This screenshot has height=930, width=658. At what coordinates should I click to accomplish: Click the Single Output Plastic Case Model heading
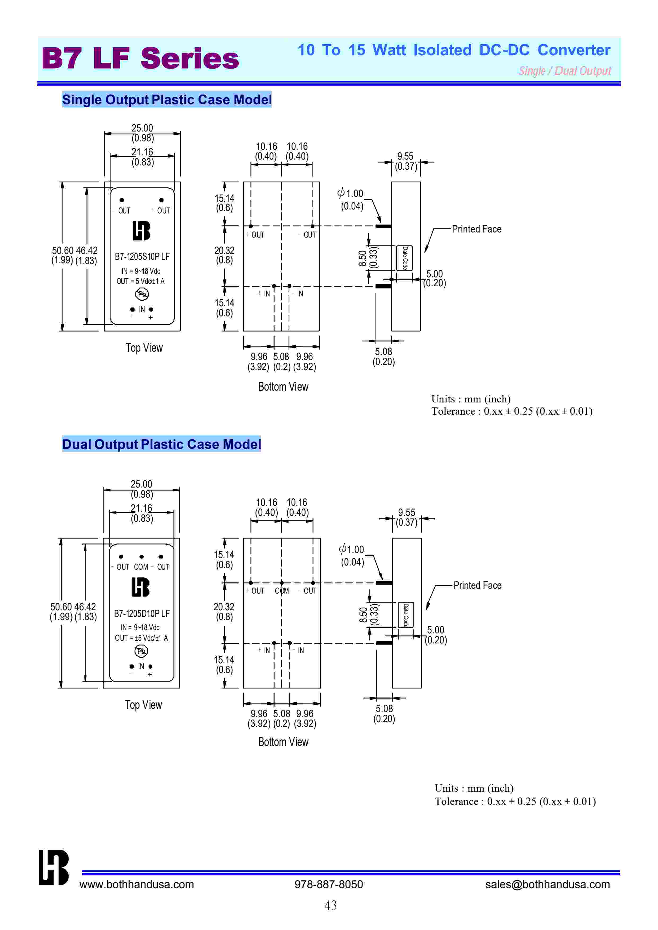coord(166,100)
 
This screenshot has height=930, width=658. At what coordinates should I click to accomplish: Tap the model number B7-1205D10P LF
coord(142,613)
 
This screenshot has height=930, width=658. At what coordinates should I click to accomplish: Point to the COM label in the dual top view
coord(141,567)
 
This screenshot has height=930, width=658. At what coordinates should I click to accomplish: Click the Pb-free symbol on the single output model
coord(142,294)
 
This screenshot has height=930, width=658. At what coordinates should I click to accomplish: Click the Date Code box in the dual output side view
coord(405,615)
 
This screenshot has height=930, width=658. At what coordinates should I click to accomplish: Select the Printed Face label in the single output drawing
coord(476,229)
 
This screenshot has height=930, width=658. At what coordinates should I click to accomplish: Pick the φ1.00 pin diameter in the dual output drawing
coord(352,550)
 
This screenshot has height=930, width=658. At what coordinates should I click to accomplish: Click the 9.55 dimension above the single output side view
coord(405,156)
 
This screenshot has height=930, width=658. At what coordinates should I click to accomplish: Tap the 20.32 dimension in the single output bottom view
coord(224,251)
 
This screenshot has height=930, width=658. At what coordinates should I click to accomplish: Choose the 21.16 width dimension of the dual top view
coord(142,508)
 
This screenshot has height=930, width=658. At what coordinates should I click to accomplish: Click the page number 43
coord(330,906)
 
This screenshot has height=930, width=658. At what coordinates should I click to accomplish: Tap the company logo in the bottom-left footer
coord(54,868)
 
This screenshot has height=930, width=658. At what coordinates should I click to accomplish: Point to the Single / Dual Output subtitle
coord(565,71)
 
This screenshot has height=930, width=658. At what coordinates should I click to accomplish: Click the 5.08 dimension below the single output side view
coord(383,352)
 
